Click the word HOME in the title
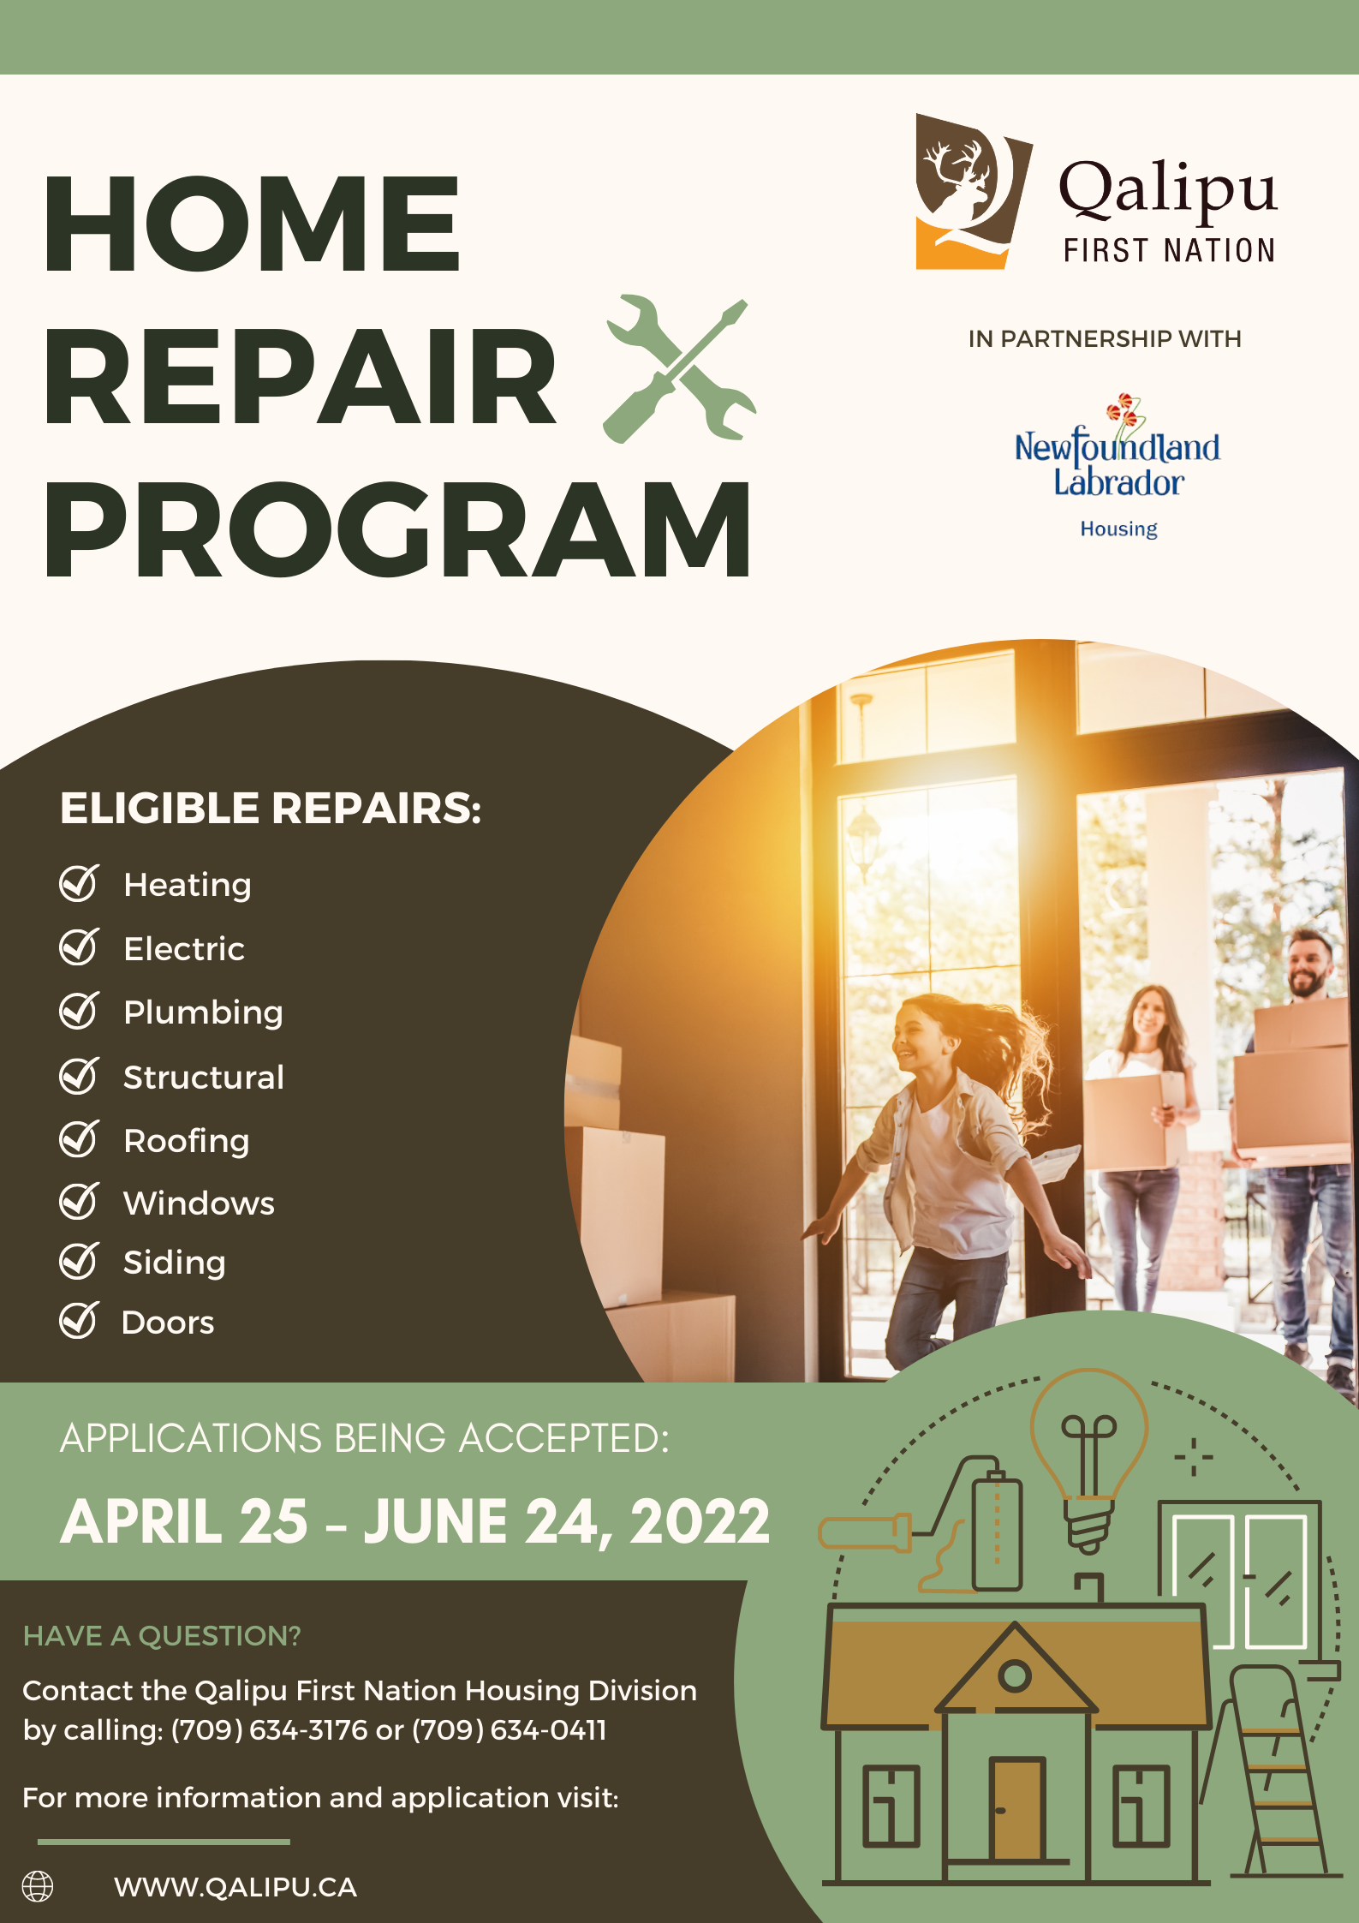(252, 223)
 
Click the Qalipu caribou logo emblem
(974, 192)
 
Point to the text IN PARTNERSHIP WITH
(1105, 339)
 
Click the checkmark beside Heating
(80, 883)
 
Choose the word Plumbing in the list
(203, 1013)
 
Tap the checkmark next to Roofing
(80, 1138)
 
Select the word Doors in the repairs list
(168, 1323)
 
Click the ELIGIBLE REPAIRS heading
(271, 808)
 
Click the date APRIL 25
(184, 1521)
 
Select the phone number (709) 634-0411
(510, 1730)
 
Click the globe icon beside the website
(38, 1886)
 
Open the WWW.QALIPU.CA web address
(235, 1887)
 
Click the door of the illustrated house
(1018, 1808)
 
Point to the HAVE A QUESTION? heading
(162, 1636)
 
